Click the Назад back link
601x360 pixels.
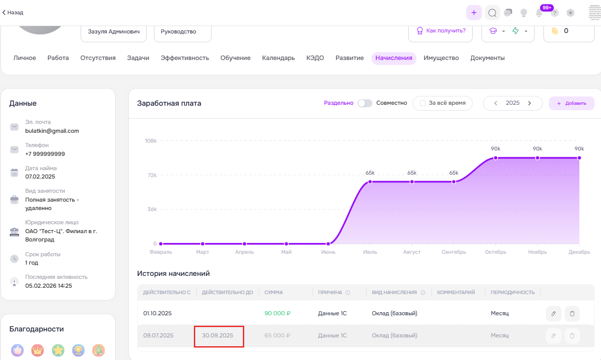coord(13,12)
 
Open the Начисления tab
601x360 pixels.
coord(393,58)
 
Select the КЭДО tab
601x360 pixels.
coord(315,58)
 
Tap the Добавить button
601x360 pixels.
coord(571,103)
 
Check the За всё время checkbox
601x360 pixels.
coord(422,103)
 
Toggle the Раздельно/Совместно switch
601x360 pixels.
coord(364,103)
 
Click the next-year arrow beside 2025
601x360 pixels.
coord(530,103)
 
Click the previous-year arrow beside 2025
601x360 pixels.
coord(496,103)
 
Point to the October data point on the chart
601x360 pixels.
coord(496,158)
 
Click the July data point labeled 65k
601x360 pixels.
coord(370,182)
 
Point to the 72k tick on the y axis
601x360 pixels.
coord(152,175)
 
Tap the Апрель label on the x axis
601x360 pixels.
coord(244,252)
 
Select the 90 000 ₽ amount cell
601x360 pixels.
coord(277,313)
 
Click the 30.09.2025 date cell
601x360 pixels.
coord(217,335)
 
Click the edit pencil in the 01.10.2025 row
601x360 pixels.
coord(553,314)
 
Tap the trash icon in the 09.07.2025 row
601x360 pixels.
coord(572,336)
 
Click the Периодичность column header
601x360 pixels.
coord(513,293)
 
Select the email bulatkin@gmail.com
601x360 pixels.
coord(52,131)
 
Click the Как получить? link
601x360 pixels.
coord(446,30)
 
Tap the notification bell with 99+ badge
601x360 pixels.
coord(539,13)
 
